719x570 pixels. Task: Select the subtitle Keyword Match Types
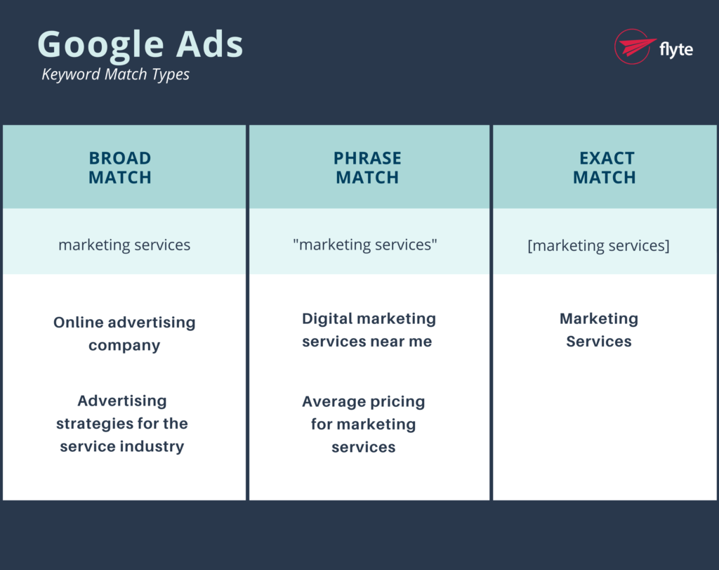115,74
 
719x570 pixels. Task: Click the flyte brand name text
676,48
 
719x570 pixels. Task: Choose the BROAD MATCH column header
120,167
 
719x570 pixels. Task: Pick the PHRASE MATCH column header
367,167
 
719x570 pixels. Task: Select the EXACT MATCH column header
605,167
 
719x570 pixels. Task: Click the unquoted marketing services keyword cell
124,245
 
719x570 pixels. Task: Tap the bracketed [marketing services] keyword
598,245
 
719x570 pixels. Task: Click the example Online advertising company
124,334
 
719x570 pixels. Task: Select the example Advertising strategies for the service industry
122,424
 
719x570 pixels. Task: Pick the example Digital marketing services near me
368,330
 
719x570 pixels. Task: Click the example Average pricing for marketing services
364,425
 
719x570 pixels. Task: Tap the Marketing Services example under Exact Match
599,330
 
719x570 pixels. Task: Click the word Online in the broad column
79,323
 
